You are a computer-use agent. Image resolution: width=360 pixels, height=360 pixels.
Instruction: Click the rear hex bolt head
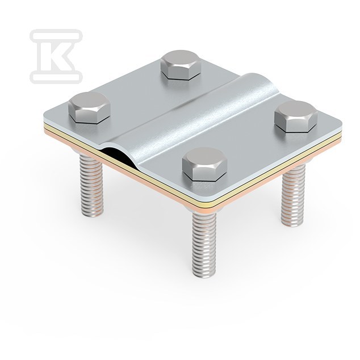pyautogui.click(x=181, y=65)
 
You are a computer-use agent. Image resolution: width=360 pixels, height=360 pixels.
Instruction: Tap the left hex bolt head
pyautogui.click(x=89, y=107)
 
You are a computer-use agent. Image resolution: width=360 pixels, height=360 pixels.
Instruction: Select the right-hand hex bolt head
pyautogui.click(x=296, y=116)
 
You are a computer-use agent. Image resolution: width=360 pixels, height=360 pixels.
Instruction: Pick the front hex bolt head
pyautogui.click(x=204, y=164)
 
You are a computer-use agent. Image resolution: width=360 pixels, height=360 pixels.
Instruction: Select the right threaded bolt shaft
pyautogui.click(x=294, y=195)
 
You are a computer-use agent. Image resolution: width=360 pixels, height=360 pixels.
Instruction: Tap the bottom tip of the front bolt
pyautogui.click(x=204, y=276)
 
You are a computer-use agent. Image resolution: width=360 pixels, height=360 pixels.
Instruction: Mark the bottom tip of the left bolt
pyautogui.click(x=91, y=216)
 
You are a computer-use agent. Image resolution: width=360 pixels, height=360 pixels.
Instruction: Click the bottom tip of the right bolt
pyautogui.click(x=294, y=225)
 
